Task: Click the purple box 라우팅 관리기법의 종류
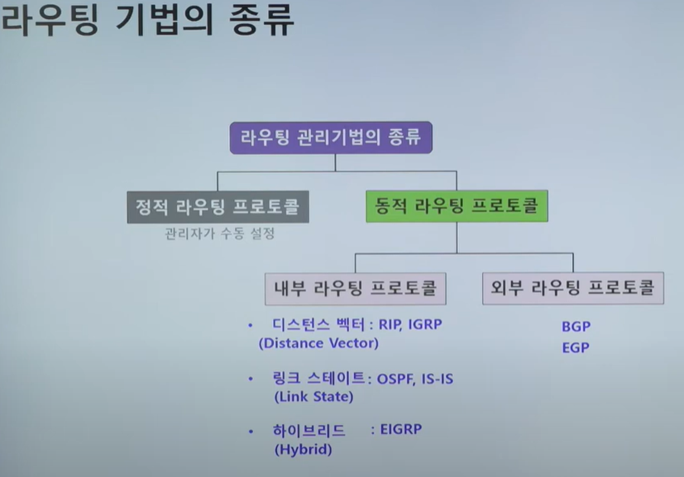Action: point(331,137)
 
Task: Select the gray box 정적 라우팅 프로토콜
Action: point(218,206)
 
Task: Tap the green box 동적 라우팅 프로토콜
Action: point(457,206)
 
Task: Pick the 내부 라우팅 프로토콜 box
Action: point(356,289)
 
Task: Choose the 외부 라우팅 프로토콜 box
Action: point(572,289)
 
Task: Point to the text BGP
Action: point(576,327)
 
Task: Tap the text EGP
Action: point(576,348)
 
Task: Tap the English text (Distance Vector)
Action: point(318,342)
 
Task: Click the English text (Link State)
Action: point(313,397)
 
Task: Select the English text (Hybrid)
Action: point(303,450)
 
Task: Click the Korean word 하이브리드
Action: point(309,431)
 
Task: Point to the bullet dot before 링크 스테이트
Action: point(251,379)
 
